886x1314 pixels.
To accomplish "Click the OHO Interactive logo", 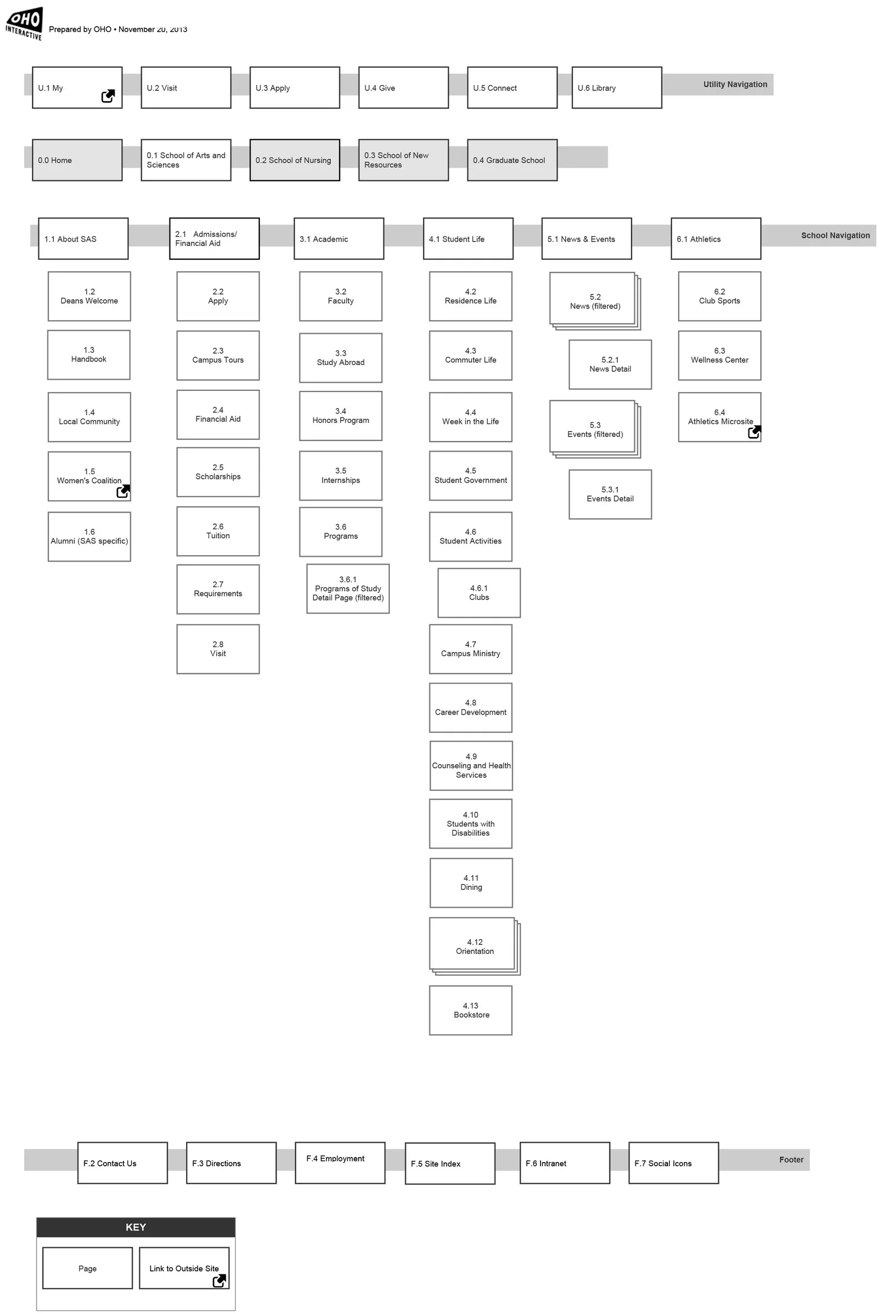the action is [24, 24].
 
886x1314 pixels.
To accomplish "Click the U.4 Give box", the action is [403, 88].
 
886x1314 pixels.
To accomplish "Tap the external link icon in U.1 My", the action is [108, 96].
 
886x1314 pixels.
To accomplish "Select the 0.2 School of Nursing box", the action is [295, 160].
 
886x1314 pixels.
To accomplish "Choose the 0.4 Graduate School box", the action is [512, 160].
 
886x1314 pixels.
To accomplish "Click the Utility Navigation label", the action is [735, 84].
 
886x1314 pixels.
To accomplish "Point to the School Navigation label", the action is [835, 236].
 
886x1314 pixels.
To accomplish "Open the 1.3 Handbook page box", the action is [89, 355].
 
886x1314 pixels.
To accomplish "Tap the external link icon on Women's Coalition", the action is [123, 491].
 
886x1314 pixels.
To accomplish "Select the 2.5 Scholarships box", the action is [218, 472].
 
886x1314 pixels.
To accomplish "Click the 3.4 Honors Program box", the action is [341, 416].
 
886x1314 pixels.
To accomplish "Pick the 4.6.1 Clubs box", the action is [479, 593].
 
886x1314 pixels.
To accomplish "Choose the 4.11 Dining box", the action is [471, 883].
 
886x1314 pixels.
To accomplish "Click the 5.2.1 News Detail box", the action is [610, 364].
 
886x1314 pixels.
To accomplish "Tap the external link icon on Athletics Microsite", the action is [754, 432].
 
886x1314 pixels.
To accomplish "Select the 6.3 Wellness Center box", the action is [719, 356].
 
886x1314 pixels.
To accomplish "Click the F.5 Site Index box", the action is [450, 1163].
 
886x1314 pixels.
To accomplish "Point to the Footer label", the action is [791, 1160].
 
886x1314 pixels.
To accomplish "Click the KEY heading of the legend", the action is [136, 1227].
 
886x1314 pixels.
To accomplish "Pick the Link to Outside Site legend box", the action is [184, 1269].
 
